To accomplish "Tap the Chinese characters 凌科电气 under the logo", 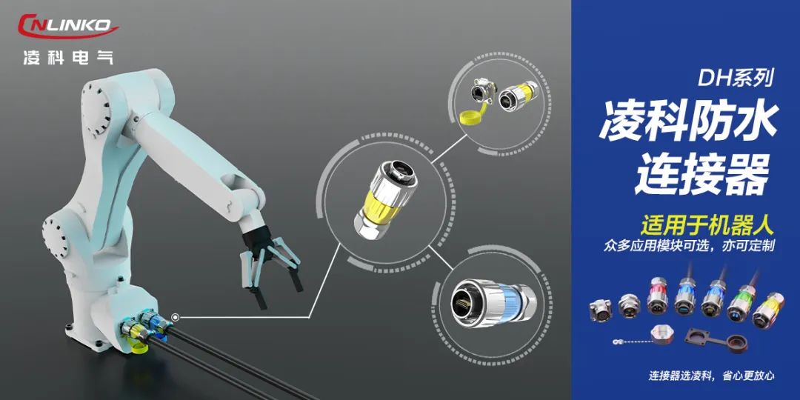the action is [68, 57].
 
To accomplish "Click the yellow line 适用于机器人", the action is [707, 226].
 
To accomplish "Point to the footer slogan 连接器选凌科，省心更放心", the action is [711, 376].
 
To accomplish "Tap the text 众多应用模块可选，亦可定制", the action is [690, 246].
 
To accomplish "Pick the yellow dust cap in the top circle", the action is [474, 116].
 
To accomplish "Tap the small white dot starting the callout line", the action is [175, 317].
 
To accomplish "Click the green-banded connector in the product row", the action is [741, 303].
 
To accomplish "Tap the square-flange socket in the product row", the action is [600, 310].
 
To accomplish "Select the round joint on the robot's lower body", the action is [56, 237].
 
